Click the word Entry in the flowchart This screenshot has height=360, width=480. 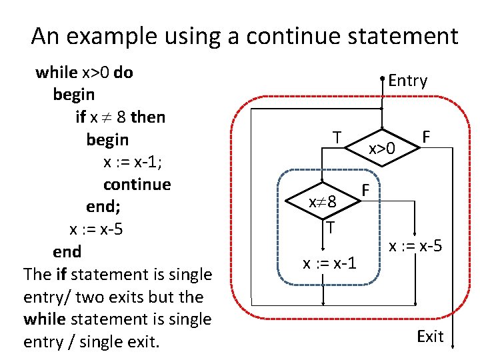(407, 81)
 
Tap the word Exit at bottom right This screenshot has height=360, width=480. (430, 337)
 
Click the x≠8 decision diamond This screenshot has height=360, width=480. (324, 201)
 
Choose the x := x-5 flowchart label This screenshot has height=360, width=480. (416, 246)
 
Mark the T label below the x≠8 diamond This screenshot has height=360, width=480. (330, 228)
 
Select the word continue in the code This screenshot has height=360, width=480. (137, 184)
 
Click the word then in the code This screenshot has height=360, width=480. (149, 117)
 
